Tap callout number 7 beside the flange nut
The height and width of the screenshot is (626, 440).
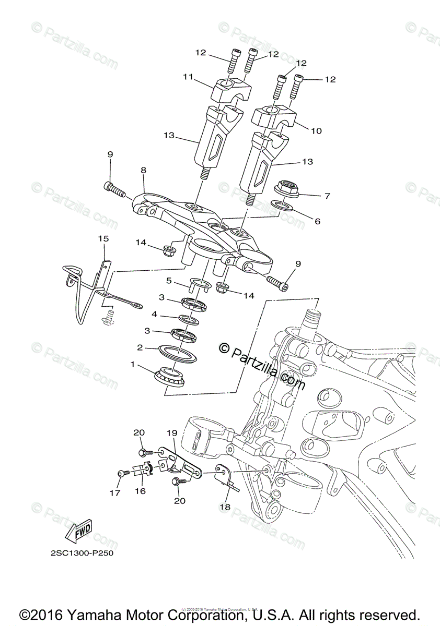327,196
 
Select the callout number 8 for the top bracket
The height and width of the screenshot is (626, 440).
143,170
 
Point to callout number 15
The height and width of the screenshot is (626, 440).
103,238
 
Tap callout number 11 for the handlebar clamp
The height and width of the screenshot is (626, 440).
188,77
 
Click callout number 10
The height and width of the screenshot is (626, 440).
316,131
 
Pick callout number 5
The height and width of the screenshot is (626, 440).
169,280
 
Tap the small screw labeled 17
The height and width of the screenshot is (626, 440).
122,473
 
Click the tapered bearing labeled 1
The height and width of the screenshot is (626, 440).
168,376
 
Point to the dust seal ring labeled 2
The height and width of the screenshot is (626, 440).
179,353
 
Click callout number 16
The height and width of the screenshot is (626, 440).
140,491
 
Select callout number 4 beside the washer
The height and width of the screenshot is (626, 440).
155,315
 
